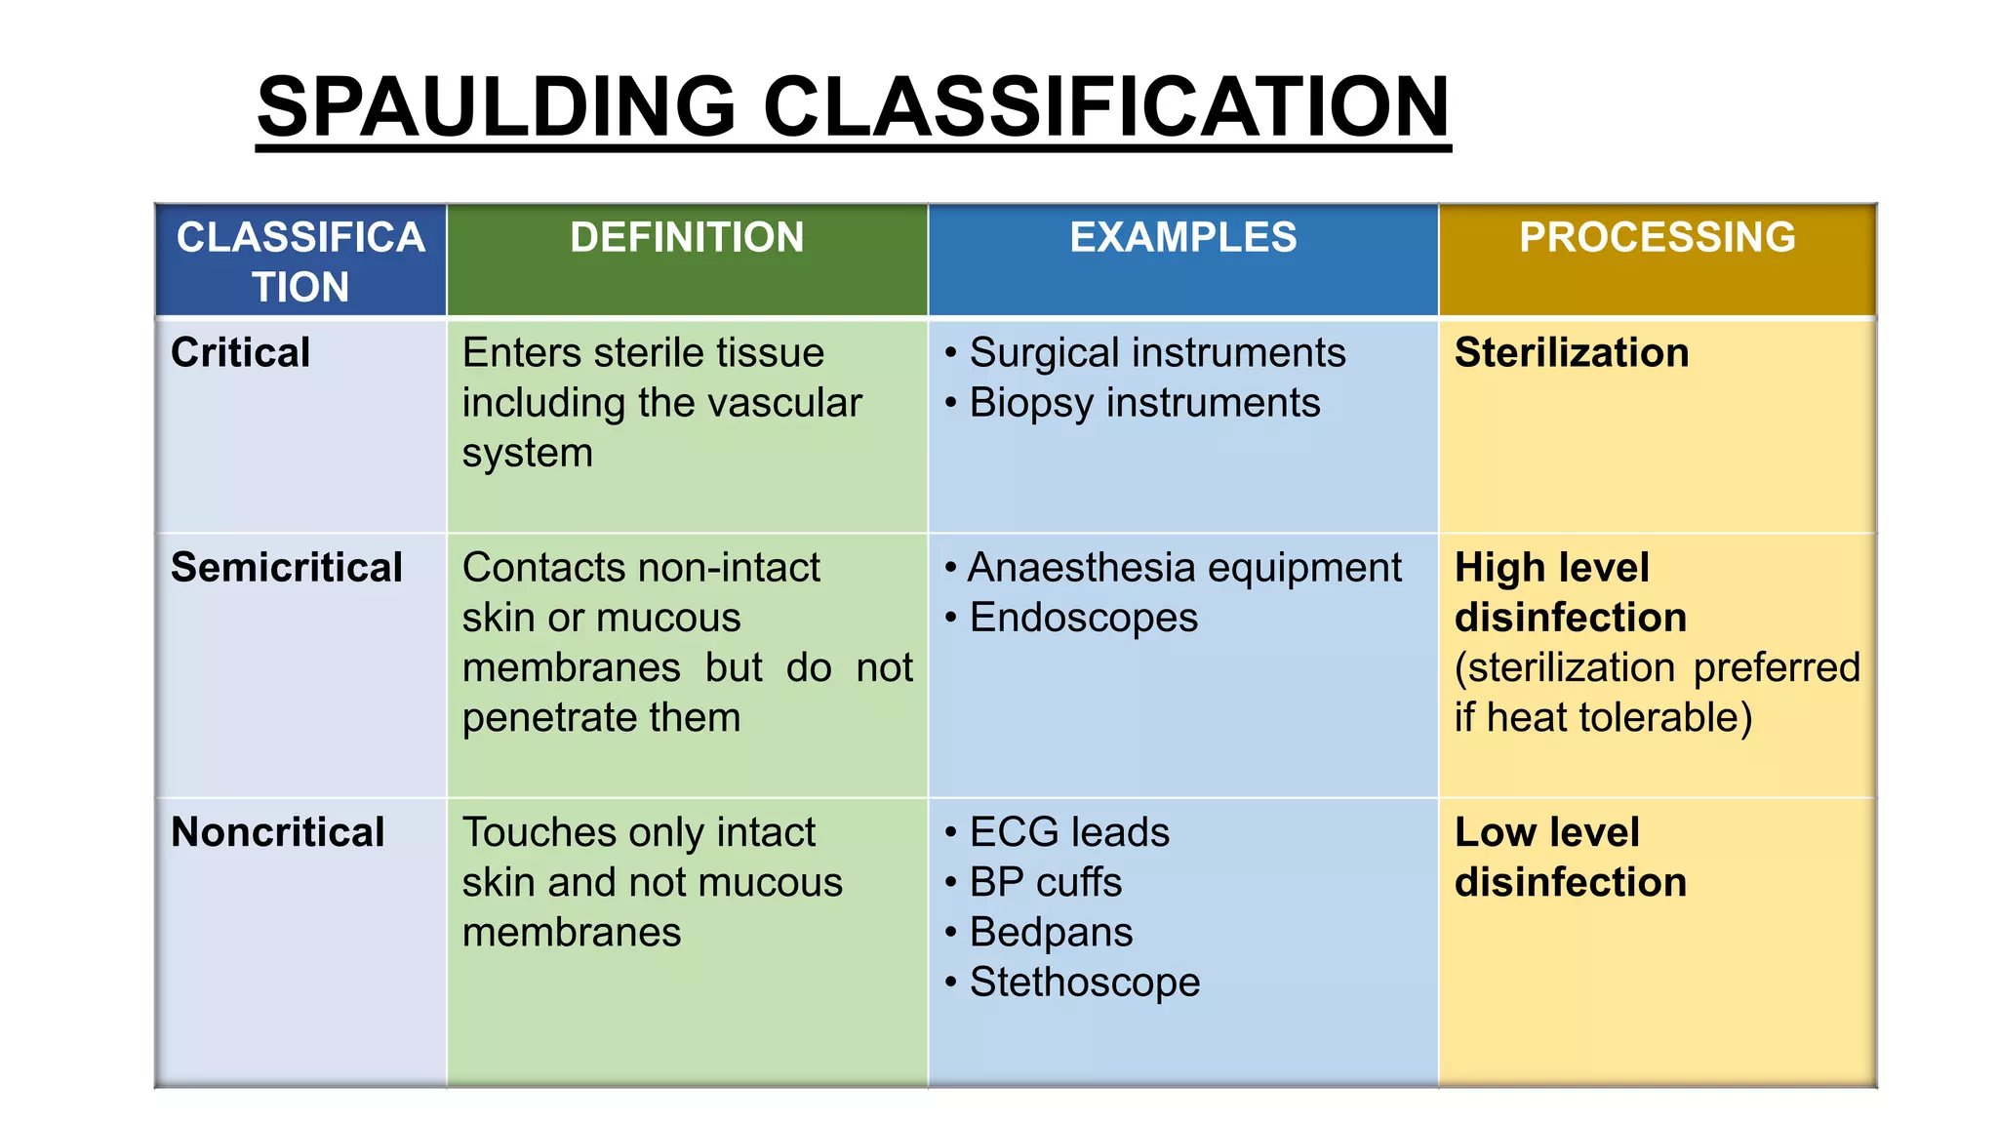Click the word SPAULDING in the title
coord(496,107)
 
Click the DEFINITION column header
coord(687,238)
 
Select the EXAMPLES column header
coord(1182,238)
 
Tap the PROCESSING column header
coord(1657,238)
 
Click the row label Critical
coord(240,353)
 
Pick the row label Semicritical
coord(286,568)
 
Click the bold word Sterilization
coord(1571,353)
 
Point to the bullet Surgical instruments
coord(1156,353)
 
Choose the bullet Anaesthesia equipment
coord(1183,568)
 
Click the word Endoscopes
coord(1083,619)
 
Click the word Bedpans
coord(1051,933)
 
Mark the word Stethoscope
coord(1084,983)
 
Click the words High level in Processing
coord(1551,568)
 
